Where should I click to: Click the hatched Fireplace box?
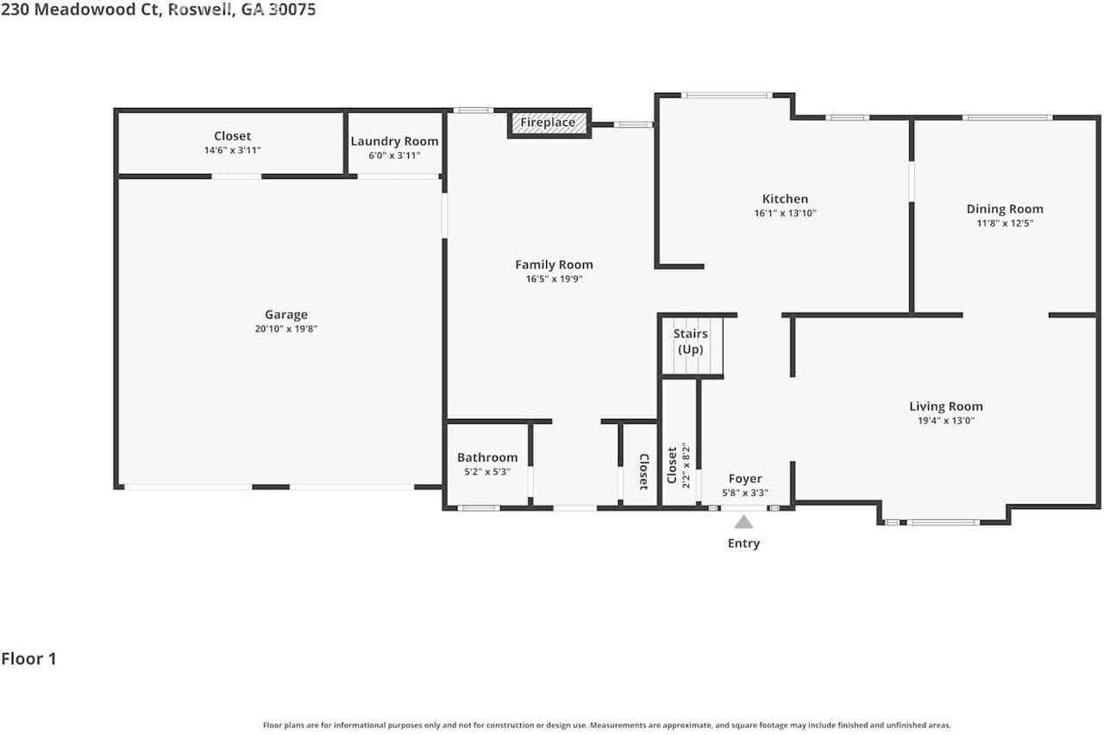549,122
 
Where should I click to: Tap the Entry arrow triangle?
743,521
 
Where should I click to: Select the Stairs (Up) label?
691,341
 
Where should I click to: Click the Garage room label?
285,315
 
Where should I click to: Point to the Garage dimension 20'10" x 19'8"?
285,329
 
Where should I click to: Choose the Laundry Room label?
394,141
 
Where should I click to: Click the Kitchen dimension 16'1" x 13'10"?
785,213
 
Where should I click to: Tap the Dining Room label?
1004,209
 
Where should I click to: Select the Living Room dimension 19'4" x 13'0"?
945,421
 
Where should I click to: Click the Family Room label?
554,265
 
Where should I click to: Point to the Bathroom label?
487,457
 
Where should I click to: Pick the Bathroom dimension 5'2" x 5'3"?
487,472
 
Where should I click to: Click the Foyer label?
745,479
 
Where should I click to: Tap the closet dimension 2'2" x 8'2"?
686,465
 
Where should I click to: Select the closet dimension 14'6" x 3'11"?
232,150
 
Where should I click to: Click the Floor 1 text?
28,659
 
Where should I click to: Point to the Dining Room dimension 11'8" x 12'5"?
1004,223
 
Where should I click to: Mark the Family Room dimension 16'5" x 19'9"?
554,279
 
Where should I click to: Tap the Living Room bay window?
943,522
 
